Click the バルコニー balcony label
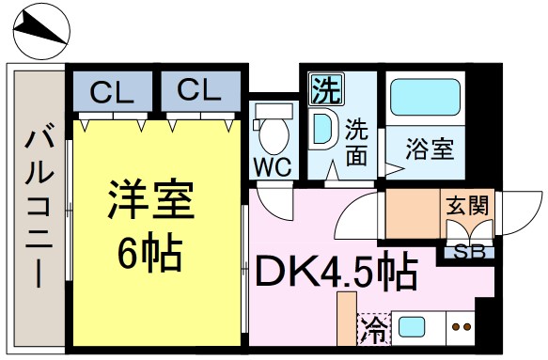pos(38,207)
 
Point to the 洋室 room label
pos(149,199)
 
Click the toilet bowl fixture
pos(274,132)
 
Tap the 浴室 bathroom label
pos(430,149)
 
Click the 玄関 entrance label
pos(467,204)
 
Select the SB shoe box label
pos(467,249)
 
